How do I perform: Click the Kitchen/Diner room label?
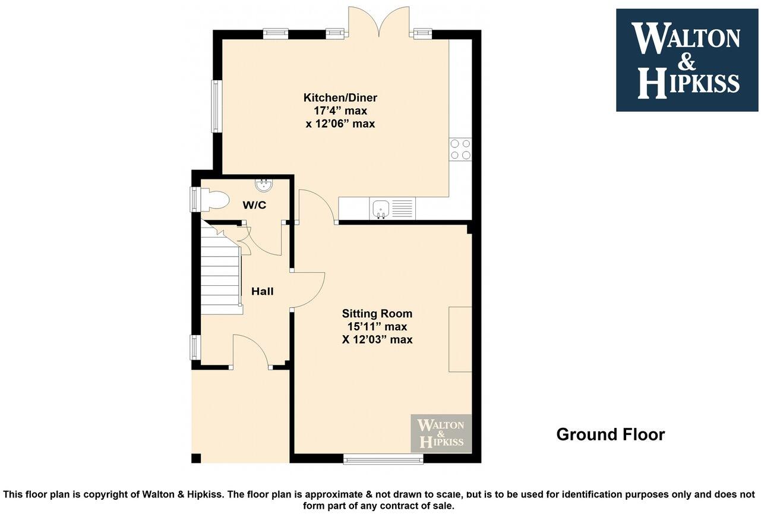[340, 98]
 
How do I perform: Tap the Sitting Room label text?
[377, 314]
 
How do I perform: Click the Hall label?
[262, 291]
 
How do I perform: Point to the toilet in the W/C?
[214, 200]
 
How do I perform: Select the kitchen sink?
[380, 209]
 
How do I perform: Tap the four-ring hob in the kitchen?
[460, 149]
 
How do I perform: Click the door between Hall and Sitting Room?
[308, 291]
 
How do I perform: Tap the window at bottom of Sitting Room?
[383, 459]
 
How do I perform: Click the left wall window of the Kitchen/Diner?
[216, 106]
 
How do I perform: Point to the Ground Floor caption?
[610, 434]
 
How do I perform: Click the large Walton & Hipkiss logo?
[687, 60]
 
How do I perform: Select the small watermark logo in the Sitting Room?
[441, 434]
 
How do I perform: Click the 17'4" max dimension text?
[340, 111]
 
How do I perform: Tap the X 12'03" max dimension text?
[377, 340]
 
